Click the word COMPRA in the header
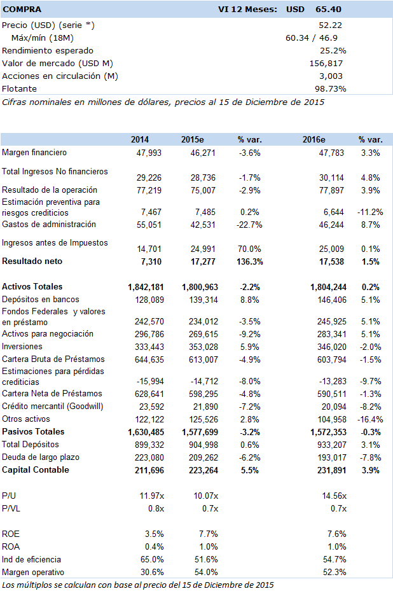[22, 10]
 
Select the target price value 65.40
[329, 10]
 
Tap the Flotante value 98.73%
[331, 89]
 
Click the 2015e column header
[192, 140]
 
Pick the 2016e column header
[314, 140]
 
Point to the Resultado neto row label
[32, 261]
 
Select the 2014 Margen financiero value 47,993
[149, 153]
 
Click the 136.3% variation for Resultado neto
[250, 261]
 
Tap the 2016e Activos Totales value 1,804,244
[328, 287]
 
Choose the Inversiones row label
[22, 346]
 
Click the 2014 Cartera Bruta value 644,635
[149, 359]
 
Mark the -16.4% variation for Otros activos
[370, 419]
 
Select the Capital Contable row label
[36, 470]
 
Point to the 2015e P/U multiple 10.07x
[206, 496]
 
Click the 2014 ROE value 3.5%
[154, 534]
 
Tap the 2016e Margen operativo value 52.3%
[334, 572]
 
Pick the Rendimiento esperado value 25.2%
[333, 51]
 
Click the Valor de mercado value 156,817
[326, 64]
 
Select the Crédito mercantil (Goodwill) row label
[52, 407]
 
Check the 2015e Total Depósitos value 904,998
[203, 445]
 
